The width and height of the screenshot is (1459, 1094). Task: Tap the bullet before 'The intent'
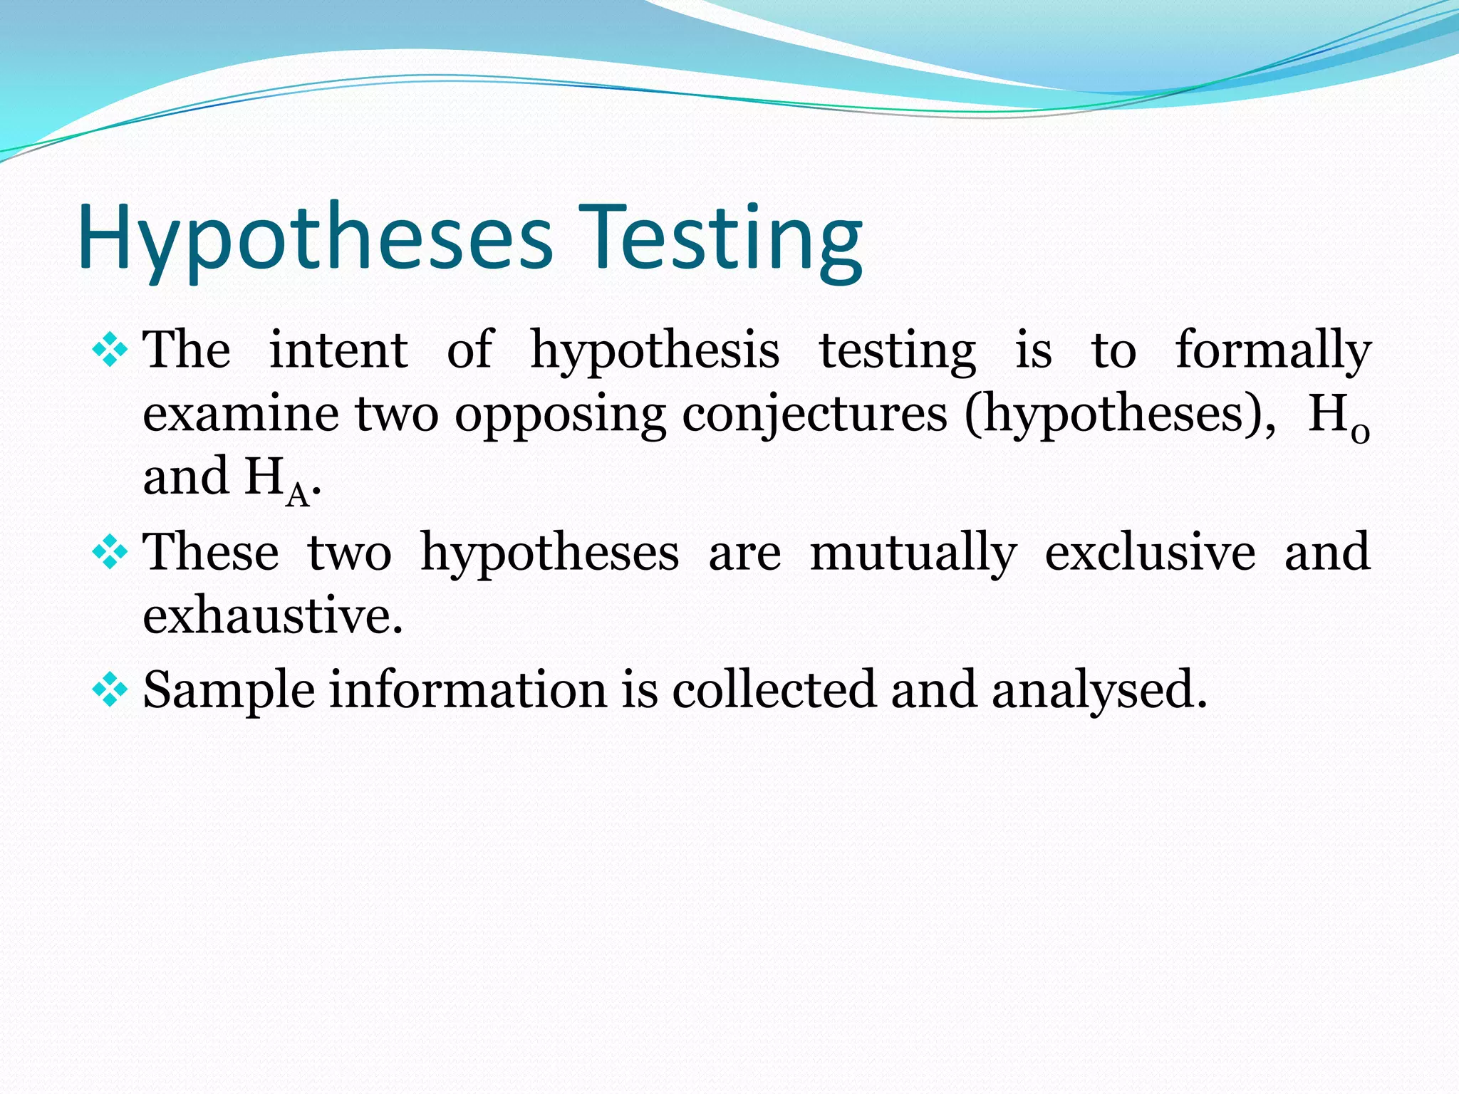pos(110,350)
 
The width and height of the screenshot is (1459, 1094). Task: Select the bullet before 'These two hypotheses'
pos(110,553)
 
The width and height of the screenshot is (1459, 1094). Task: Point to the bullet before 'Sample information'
pos(110,689)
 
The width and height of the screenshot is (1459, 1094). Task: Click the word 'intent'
pos(338,350)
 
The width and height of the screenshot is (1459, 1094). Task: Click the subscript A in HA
pos(298,495)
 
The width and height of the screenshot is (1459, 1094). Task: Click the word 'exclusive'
pos(1150,553)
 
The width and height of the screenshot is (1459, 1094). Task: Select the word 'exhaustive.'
pos(273,615)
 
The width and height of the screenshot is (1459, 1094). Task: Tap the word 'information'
pos(467,689)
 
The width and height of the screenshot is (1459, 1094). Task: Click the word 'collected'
pos(774,689)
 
